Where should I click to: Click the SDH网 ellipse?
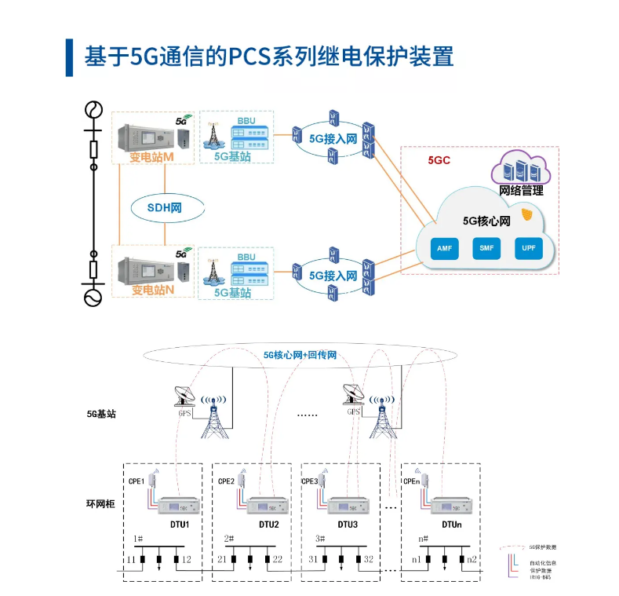point(164,208)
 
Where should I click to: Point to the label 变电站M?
point(151,157)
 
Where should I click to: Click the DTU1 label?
point(180,524)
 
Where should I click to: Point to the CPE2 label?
point(226,481)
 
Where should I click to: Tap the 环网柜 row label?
point(101,503)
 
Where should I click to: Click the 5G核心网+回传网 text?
point(300,355)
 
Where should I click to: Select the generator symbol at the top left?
point(93,108)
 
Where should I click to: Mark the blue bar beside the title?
point(69,57)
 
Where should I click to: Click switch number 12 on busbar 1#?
point(187,559)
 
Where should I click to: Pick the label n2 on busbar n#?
point(472,559)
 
